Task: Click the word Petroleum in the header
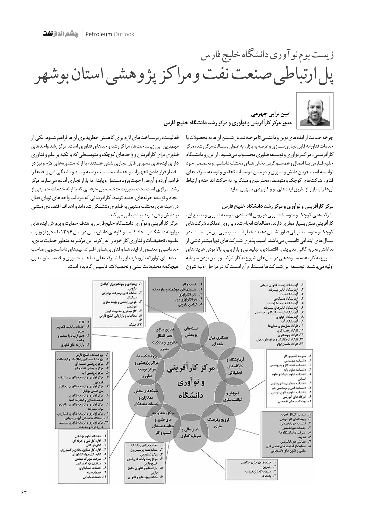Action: coord(99,34)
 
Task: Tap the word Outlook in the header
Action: coord(124,34)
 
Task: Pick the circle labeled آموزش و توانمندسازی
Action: coord(232,396)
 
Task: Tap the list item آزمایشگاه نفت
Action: coord(287,294)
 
